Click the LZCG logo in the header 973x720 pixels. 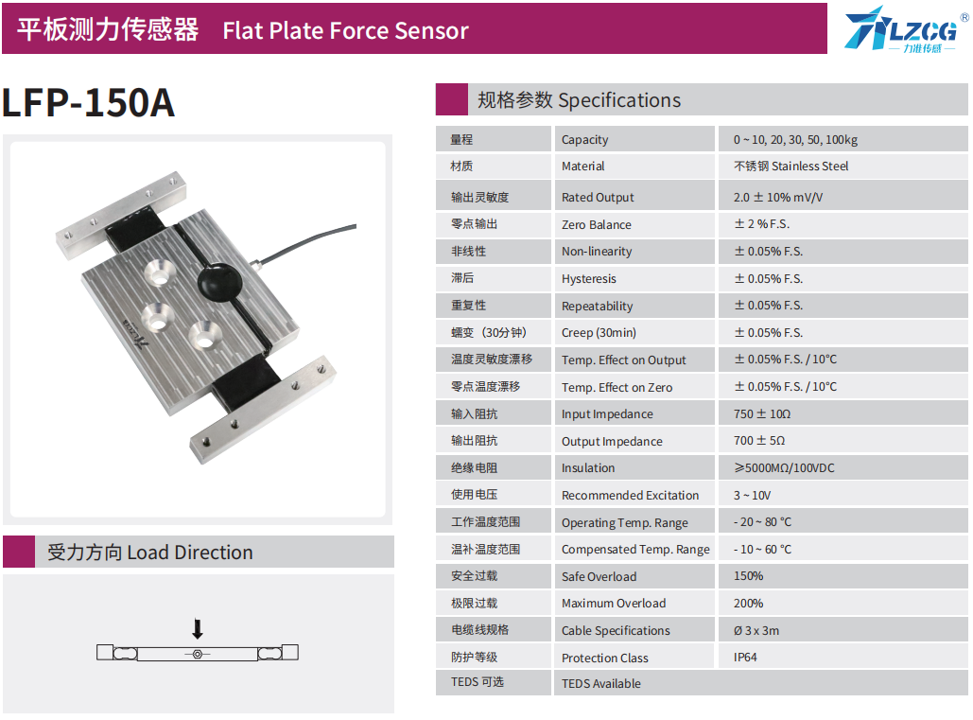[899, 28]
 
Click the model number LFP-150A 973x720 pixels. [88, 103]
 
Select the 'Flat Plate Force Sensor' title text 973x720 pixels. [345, 30]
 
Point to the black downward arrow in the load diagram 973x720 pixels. [197, 629]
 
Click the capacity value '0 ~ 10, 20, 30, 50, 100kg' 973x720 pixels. [795, 140]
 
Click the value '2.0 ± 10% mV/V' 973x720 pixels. [778, 198]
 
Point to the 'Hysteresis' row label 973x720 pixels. [588, 279]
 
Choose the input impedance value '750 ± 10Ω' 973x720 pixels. [761, 414]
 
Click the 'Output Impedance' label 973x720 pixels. [612, 442]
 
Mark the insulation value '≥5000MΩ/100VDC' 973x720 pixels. [784, 468]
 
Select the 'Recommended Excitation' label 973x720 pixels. [630, 496]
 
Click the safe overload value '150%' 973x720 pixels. [748, 576]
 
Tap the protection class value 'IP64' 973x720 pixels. [745, 658]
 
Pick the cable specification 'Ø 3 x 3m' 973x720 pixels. [756, 631]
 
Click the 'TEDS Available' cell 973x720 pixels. [600, 684]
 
